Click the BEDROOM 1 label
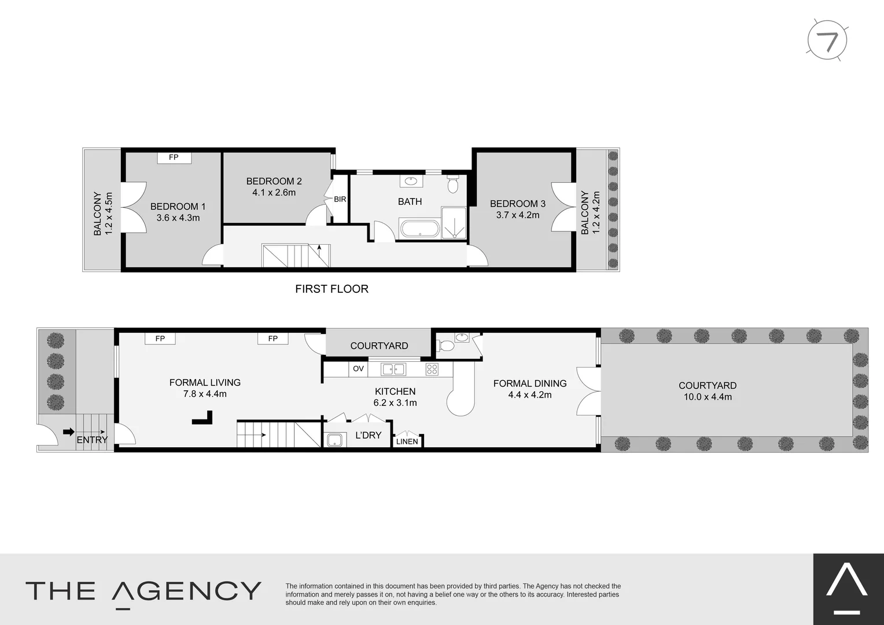point(178,207)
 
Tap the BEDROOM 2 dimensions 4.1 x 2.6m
point(274,193)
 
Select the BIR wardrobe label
point(340,200)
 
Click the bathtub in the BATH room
point(420,229)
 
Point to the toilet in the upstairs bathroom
point(453,184)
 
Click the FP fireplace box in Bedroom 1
point(174,157)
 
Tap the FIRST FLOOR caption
point(331,289)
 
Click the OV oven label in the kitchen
point(358,369)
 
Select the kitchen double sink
point(393,369)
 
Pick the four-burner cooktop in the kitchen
point(432,369)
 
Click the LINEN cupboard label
point(407,442)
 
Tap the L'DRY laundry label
point(369,435)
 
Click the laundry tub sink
point(334,440)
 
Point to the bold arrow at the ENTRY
point(69,432)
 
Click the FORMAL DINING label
point(529,383)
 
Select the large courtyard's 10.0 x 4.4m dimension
point(708,397)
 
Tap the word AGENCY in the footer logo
point(186,591)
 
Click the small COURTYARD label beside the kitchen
point(379,346)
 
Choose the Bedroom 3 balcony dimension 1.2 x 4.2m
point(596,213)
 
